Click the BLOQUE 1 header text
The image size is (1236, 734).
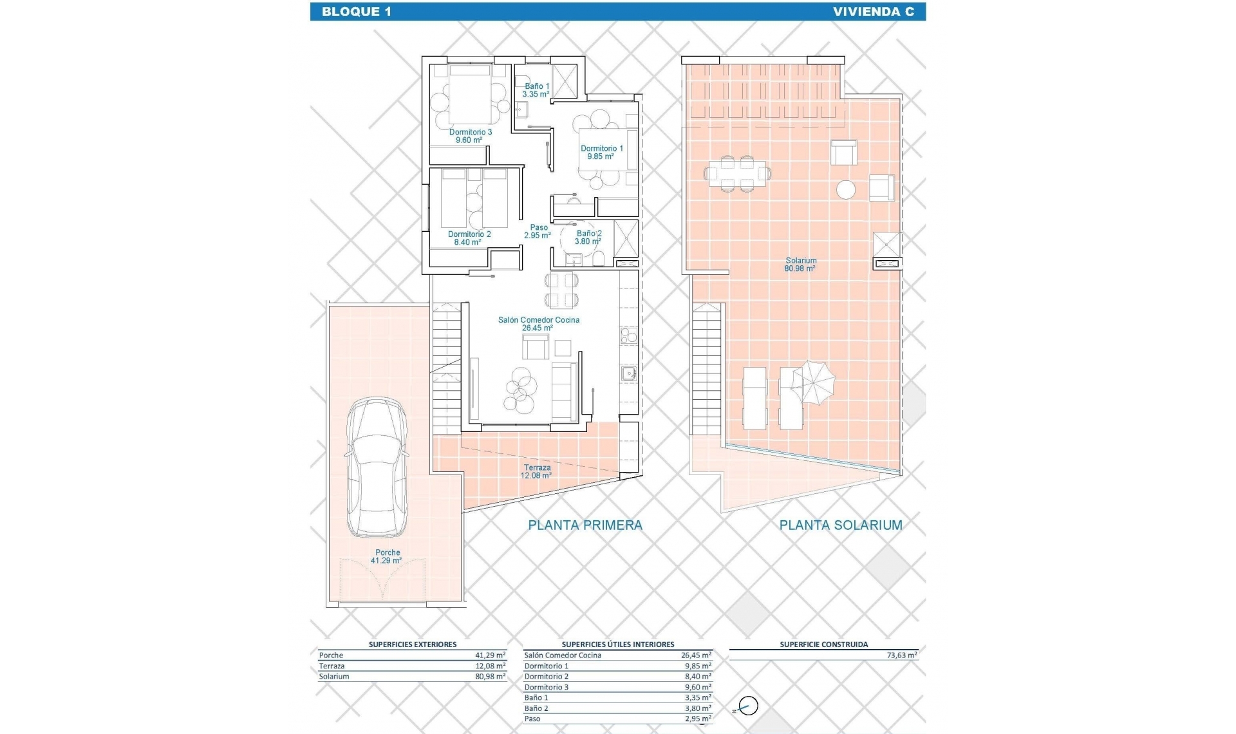coord(356,12)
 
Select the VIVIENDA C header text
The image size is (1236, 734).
coord(873,12)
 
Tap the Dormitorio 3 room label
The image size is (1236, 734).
coord(470,136)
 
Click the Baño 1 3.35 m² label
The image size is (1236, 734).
coord(536,90)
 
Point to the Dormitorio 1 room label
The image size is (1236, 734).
coord(601,152)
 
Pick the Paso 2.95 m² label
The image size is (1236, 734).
coord(538,231)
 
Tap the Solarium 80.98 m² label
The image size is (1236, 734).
coord(800,265)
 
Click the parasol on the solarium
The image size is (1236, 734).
coord(813,382)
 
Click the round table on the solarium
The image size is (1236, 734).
coord(846,189)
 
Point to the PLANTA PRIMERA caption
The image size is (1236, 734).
coord(585,525)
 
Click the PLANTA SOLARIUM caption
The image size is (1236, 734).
coord(840,525)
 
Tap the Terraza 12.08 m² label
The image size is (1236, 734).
coord(536,471)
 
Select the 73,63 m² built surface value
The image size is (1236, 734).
coord(901,655)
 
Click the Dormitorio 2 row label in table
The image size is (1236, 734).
coord(546,677)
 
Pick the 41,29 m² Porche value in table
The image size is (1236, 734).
coord(490,655)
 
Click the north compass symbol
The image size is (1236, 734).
coord(747,706)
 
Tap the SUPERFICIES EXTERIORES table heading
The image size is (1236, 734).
coord(412,644)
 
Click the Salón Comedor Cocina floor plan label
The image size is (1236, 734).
coord(538,324)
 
